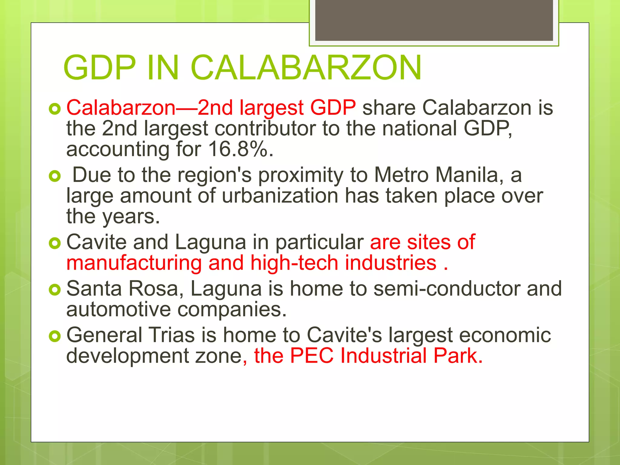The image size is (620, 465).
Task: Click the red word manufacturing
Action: pos(134,262)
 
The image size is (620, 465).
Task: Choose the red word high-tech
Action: pos(294,262)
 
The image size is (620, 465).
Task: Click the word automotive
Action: pos(118,309)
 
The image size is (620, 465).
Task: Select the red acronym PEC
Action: pos(312,355)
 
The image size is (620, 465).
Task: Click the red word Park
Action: pos(457,355)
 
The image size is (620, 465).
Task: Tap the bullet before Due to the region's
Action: pos(55,176)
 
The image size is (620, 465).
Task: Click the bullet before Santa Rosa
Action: pos(55,290)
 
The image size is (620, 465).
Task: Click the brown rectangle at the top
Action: pos(434,20)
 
